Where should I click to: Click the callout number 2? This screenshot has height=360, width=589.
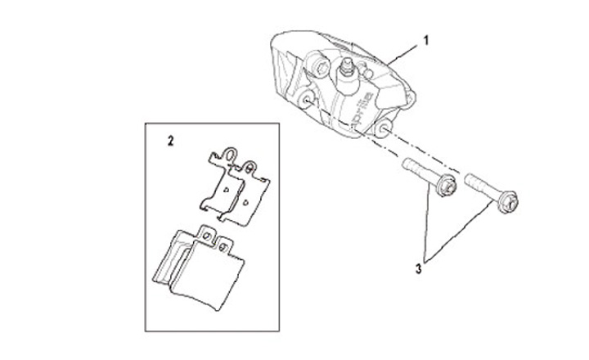170,140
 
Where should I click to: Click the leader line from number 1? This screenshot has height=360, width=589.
405,51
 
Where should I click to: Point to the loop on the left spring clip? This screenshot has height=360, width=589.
232,153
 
